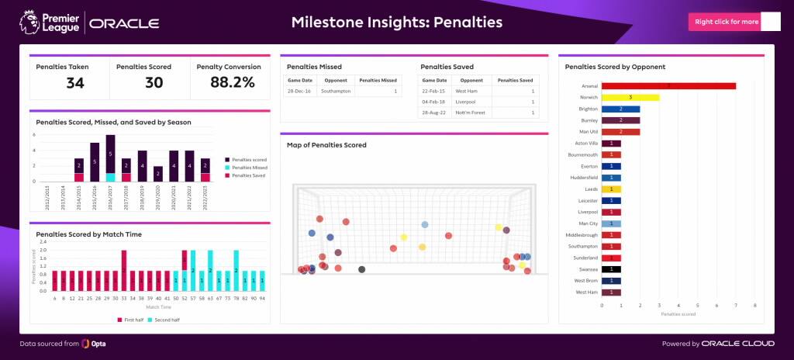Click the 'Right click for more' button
click(726, 22)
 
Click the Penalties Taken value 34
click(74, 82)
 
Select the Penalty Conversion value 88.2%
click(233, 82)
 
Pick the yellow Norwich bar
click(630, 97)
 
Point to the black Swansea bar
click(611, 269)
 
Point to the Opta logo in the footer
click(95, 343)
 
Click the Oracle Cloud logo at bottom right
click(737, 343)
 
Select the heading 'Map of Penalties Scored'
click(326, 145)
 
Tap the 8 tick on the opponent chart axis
click(754, 306)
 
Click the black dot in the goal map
click(361, 269)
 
